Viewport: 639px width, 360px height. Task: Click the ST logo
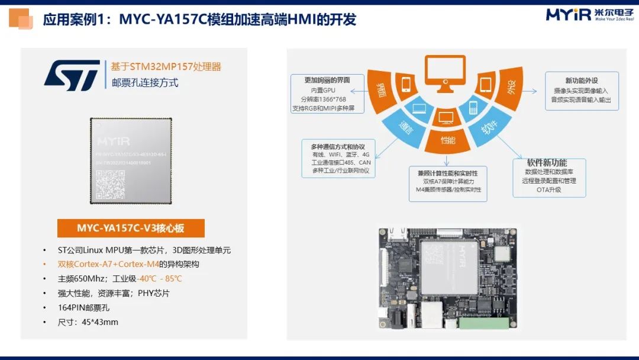click(x=72, y=75)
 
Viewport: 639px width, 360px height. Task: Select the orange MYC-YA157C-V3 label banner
click(x=131, y=228)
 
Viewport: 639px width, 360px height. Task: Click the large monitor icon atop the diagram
click(x=445, y=75)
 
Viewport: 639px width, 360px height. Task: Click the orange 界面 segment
click(x=382, y=89)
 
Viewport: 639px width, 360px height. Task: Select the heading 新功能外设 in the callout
click(x=582, y=81)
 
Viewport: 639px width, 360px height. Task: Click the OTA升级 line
click(x=548, y=190)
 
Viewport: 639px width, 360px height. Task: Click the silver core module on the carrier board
click(x=449, y=266)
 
